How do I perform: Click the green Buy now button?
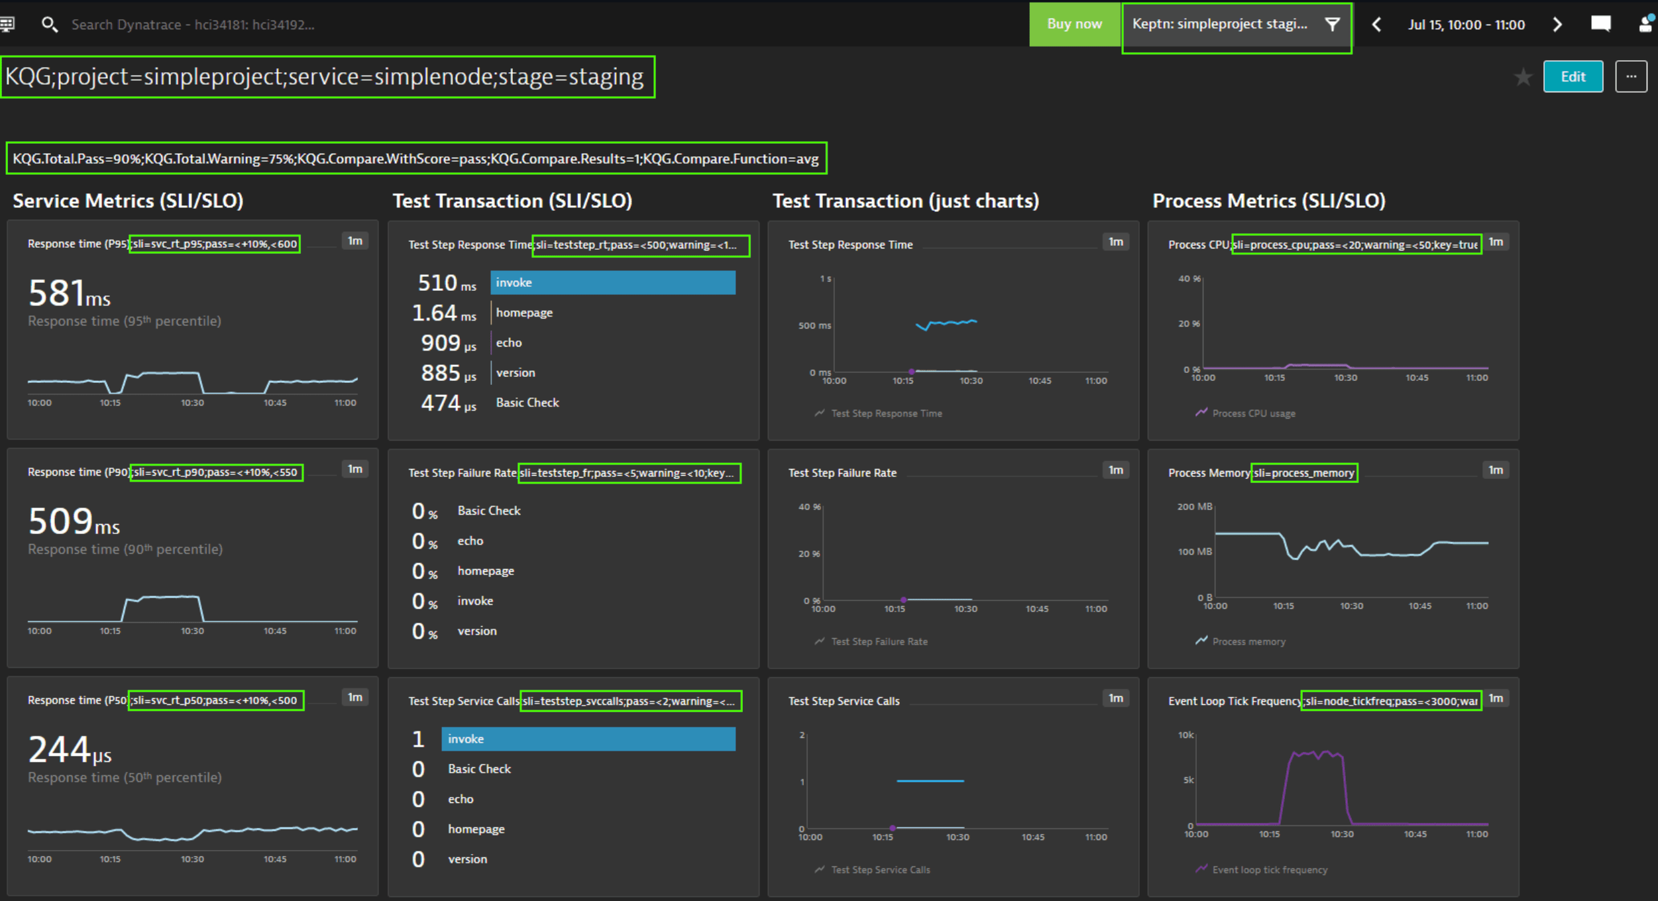point(1074,25)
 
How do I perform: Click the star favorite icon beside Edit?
point(1523,78)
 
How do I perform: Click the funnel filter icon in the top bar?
point(1332,25)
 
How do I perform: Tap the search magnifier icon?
point(49,25)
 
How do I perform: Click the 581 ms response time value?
point(69,293)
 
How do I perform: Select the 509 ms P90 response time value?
point(74,521)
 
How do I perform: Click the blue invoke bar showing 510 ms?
point(612,283)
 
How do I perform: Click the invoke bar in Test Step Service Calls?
point(588,739)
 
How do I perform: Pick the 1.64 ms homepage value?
point(443,313)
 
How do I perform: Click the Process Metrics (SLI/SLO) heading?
point(1268,201)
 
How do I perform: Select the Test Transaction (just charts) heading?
point(905,201)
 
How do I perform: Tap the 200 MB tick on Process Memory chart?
point(1194,507)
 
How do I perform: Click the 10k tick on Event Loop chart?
point(1186,735)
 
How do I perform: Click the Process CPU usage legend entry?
point(1252,413)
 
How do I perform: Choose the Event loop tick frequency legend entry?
point(1269,870)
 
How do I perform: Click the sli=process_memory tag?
point(1303,473)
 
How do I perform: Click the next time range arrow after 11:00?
point(1557,25)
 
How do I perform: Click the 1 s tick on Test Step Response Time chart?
point(825,279)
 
